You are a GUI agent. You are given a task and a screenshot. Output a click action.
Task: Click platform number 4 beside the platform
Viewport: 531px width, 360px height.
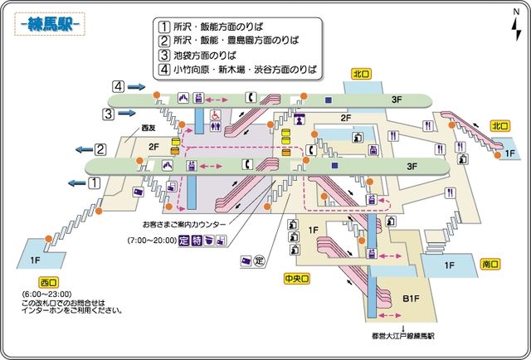pos(120,86)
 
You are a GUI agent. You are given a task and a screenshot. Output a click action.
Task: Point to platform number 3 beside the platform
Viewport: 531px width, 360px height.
pos(109,113)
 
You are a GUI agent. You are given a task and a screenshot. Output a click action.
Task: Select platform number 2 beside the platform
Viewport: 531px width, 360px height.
pos(100,149)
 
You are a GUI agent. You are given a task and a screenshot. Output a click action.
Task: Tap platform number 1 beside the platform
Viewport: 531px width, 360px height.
pos(95,182)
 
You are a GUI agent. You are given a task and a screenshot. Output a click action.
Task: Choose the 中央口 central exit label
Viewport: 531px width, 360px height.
pos(297,280)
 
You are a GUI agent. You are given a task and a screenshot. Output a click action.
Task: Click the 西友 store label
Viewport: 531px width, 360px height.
pos(148,128)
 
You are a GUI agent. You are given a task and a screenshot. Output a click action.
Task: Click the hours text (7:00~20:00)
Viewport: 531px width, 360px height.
pos(152,241)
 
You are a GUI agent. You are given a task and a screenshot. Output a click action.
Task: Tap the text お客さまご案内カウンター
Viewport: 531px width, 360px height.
pos(184,224)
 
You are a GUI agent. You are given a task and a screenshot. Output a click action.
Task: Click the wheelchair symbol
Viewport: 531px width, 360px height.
pos(214,115)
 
